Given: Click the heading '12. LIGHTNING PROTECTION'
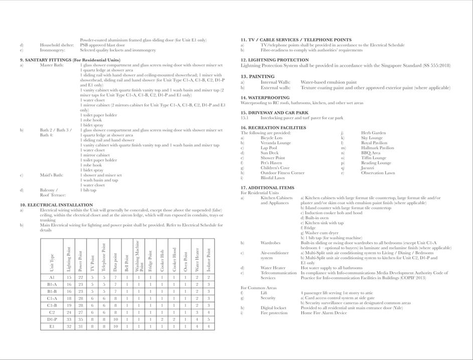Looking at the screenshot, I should pyautogui.click(x=274, y=60).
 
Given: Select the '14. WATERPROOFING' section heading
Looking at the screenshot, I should pyautogui.click(x=265, y=97).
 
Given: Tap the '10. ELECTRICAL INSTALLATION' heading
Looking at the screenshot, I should pyautogui.click(x=56, y=205).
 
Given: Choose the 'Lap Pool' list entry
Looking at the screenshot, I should pyautogui.click(x=269, y=148).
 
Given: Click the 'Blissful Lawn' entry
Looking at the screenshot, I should pyautogui.click(x=272, y=178).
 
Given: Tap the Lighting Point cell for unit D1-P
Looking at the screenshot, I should pyautogui.click(x=69, y=319).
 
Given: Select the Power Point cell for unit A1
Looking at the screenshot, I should pyautogui.click(x=80, y=277).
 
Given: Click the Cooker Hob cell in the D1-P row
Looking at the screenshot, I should pyautogui.click(x=162, y=319).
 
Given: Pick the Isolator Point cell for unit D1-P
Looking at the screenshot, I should pyautogui.click(x=208, y=319).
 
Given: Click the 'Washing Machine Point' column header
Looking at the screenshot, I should pyautogui.click(x=138, y=256).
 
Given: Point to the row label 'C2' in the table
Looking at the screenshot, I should pyautogui.click(x=52, y=312).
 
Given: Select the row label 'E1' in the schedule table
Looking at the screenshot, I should pyautogui.click(x=52, y=326).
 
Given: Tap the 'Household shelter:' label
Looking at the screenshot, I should pyautogui.click(x=58, y=45).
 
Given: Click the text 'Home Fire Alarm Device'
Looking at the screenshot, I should pyautogui.click(x=324, y=313).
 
